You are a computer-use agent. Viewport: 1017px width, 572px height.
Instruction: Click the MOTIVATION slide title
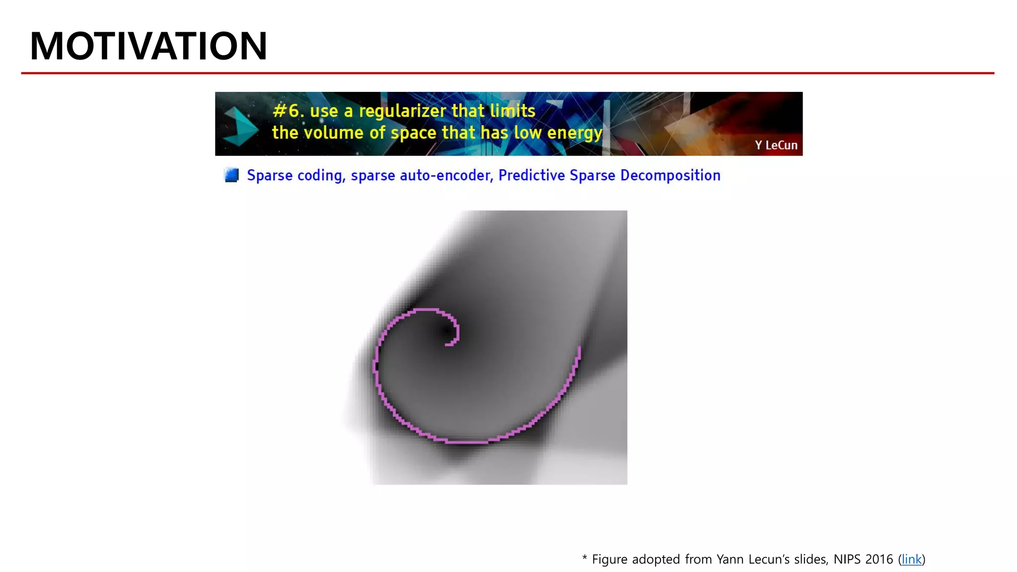(148, 46)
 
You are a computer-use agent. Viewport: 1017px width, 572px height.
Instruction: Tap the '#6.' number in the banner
(288, 111)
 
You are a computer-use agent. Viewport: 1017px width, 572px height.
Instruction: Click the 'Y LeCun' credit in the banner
(776, 145)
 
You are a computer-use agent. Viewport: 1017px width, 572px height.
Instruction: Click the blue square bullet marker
(231, 175)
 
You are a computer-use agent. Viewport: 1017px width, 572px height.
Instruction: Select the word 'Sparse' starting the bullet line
(270, 176)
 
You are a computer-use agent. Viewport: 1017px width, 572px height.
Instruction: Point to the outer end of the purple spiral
(580, 349)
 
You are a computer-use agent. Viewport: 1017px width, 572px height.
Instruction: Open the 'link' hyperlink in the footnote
(911, 559)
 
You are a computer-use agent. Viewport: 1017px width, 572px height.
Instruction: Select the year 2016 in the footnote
(879, 559)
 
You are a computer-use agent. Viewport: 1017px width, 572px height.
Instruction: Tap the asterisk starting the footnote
(584, 558)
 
